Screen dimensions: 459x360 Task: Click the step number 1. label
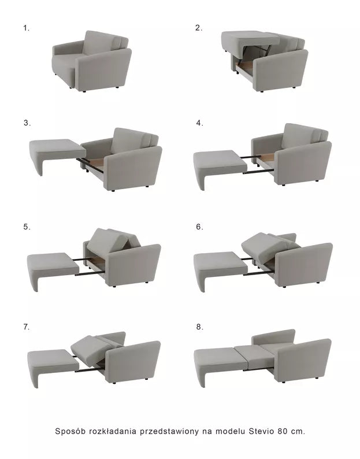click(x=26, y=27)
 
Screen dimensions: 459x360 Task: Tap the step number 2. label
click(x=199, y=27)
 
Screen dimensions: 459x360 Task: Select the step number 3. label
click(x=27, y=123)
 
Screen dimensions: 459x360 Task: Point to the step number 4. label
click(x=199, y=123)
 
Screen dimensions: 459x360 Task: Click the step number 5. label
click(x=27, y=227)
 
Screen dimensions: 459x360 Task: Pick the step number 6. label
click(x=199, y=227)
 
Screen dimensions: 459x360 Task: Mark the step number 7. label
click(x=26, y=327)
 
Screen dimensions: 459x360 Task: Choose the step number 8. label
click(x=199, y=327)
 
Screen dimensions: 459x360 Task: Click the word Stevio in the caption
click(x=260, y=431)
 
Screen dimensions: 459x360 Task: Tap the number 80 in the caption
click(x=283, y=431)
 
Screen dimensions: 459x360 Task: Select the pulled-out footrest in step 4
click(x=218, y=161)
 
